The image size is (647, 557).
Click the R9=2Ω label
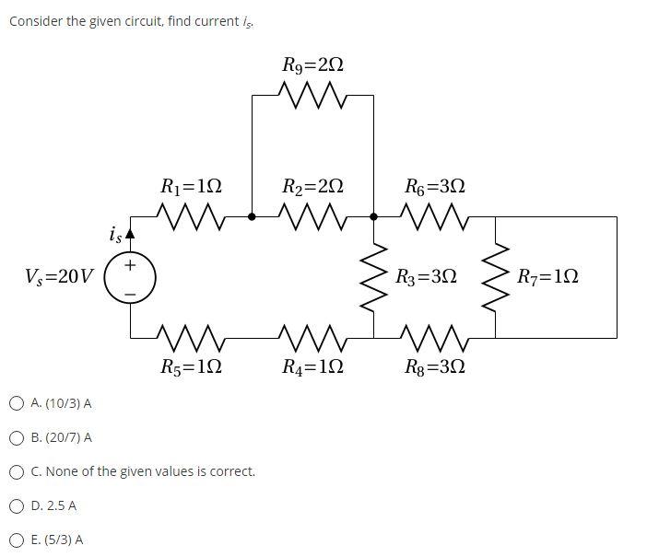point(312,65)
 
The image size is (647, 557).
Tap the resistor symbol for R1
point(191,217)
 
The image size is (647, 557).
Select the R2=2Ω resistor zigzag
point(312,217)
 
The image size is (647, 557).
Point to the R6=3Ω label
point(435,186)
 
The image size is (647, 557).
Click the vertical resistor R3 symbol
point(374,277)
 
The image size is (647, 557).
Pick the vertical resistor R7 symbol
point(496,277)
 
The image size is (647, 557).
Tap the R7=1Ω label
point(548,276)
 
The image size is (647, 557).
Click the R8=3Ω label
point(435,367)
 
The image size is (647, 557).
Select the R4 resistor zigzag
point(312,337)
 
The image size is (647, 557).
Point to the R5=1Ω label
point(191,367)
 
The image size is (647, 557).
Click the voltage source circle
point(130,277)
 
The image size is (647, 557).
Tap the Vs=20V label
point(60,276)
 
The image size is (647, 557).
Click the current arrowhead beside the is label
point(130,235)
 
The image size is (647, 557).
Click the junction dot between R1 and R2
point(252,217)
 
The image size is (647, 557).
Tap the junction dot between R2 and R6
point(373,217)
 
